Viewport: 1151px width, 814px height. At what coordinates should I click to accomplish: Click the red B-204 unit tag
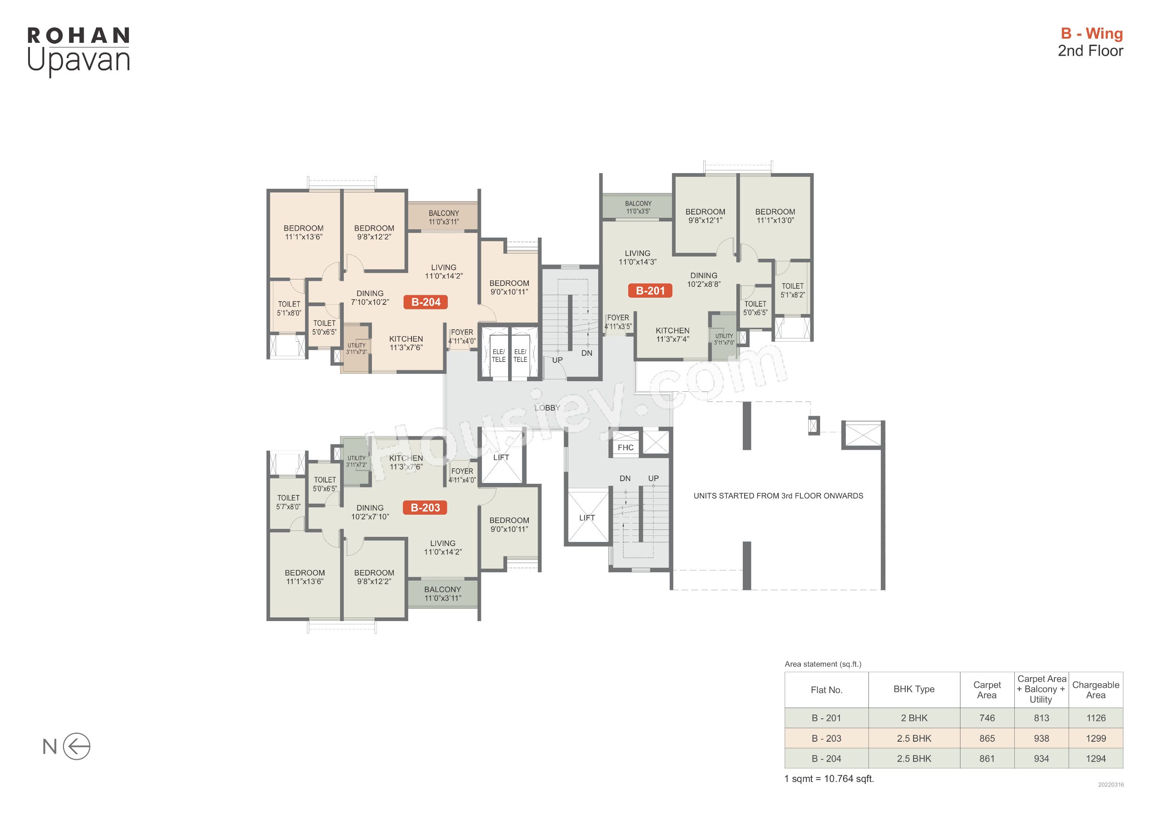(426, 302)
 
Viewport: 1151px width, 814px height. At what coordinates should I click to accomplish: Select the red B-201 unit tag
(650, 291)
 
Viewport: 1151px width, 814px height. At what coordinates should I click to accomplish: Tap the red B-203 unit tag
(425, 507)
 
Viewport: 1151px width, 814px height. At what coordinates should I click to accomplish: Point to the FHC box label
(625, 448)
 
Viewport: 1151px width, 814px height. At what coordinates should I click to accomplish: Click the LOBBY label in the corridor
(547, 408)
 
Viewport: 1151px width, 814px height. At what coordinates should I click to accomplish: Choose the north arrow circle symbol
(77, 746)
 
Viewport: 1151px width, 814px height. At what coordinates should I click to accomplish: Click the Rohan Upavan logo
(79, 51)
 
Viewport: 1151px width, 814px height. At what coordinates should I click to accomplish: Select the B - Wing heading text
(1091, 33)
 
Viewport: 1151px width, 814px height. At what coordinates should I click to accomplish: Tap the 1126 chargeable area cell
(1096, 718)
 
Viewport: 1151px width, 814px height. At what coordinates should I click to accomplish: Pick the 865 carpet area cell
(987, 738)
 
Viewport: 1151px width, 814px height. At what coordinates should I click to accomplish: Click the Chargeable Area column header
(1095, 690)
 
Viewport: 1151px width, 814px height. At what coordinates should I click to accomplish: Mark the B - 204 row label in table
(826, 758)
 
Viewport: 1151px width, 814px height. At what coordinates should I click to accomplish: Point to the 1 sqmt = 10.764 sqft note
(829, 779)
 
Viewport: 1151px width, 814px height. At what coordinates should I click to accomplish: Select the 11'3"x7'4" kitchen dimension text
(673, 339)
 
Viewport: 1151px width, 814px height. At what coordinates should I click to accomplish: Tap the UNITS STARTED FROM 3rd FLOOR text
(778, 495)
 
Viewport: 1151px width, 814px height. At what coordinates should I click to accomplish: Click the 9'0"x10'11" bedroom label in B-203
(509, 529)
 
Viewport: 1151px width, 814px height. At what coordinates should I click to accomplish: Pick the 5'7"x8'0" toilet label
(288, 506)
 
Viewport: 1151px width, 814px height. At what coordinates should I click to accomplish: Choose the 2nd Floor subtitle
(1090, 51)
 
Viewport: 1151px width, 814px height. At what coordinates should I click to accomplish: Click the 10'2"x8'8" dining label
(704, 284)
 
